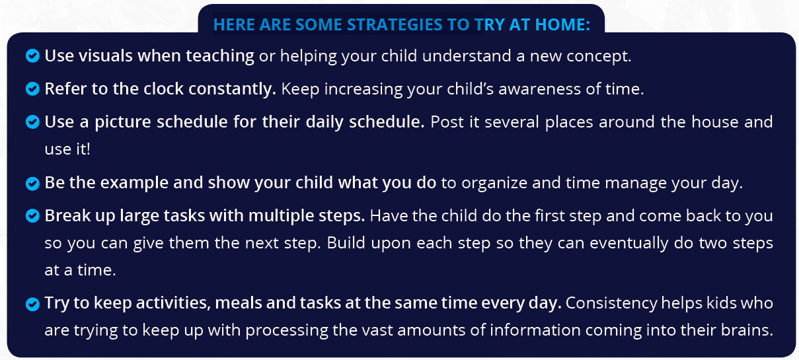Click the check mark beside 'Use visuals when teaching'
coord(32,56)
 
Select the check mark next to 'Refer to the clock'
coord(32,89)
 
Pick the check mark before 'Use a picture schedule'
coord(32,122)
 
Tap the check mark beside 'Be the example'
coord(32,184)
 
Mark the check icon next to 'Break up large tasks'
coord(32,216)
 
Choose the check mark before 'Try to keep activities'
coord(32,304)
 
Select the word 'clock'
coord(163,89)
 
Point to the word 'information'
coord(535,330)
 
